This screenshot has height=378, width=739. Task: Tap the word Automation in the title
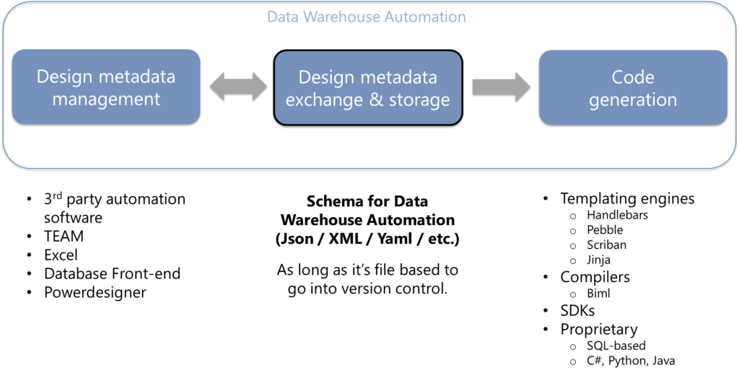tap(426, 17)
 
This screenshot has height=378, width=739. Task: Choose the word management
tap(106, 100)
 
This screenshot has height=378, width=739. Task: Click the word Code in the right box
tap(633, 76)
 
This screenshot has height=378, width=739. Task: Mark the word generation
tap(633, 100)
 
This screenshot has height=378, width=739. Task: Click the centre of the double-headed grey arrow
tap(238, 87)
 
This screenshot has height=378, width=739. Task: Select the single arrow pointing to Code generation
tap(501, 87)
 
